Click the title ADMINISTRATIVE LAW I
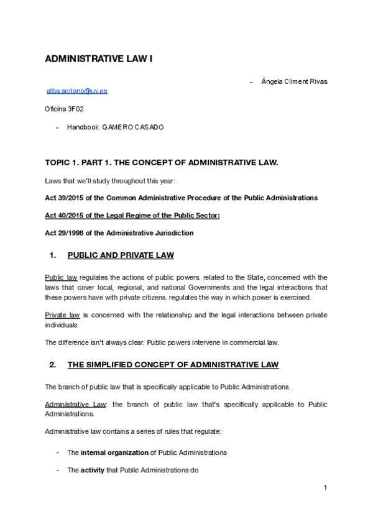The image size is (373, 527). pyautogui.click(x=98, y=59)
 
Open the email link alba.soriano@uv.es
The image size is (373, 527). pyautogui.click(x=77, y=91)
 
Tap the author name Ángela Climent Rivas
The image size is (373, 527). pyautogui.click(x=295, y=81)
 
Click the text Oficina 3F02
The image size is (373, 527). pyautogui.click(x=64, y=109)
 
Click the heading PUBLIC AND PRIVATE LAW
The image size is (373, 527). pyautogui.click(x=121, y=255)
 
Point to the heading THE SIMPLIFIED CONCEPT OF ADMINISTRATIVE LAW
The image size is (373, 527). pyautogui.click(x=173, y=364)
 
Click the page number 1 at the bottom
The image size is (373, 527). pyautogui.click(x=325, y=488)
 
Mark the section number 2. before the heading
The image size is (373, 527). pyautogui.click(x=53, y=364)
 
